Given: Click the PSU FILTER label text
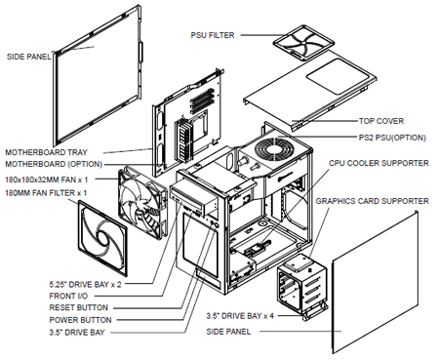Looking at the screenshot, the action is [213, 35].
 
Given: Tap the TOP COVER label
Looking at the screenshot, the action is [381, 121].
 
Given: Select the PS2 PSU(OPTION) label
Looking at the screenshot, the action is [392, 138].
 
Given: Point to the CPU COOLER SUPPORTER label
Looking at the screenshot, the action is [379, 163].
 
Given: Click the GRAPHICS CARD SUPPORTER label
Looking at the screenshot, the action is [373, 201].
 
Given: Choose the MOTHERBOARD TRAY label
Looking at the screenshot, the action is [46, 152].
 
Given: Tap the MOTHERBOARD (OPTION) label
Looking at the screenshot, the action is [54, 164].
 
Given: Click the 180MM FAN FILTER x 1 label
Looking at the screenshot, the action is [46, 193].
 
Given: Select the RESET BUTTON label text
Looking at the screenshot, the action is [78, 307].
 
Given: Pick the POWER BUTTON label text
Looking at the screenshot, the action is [80, 320].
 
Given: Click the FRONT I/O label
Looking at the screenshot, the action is [68, 296].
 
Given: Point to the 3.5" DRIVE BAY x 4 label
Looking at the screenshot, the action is [240, 316].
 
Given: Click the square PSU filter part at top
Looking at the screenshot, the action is [303, 43].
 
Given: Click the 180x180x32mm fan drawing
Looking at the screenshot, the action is [142, 203].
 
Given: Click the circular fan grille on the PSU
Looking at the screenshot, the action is [275, 151].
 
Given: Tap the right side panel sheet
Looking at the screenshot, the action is [375, 282].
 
